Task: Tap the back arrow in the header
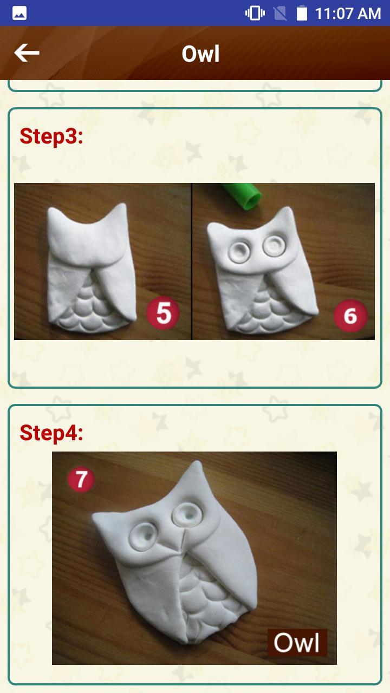point(27,53)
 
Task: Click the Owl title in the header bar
point(200,54)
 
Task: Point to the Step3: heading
point(51,136)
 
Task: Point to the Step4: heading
point(51,433)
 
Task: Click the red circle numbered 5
point(163,313)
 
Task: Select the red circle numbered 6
point(350,315)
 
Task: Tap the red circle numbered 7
point(81,479)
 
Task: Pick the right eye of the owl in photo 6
point(272,246)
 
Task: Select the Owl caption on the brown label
point(297,642)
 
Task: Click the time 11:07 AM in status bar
point(348,13)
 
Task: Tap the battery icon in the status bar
point(302,13)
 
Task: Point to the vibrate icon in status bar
point(255,13)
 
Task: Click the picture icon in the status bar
point(19,13)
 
